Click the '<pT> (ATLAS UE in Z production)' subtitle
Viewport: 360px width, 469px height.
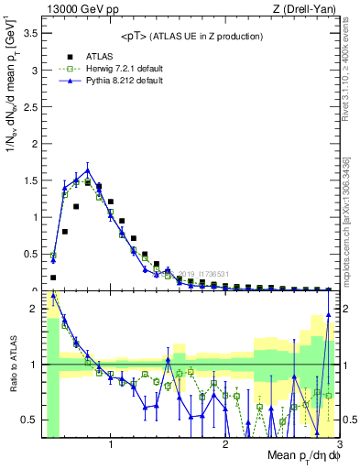coord(191,36)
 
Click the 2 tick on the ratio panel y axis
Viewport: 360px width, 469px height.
coord(34,309)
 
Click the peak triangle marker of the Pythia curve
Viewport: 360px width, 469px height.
coord(88,169)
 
